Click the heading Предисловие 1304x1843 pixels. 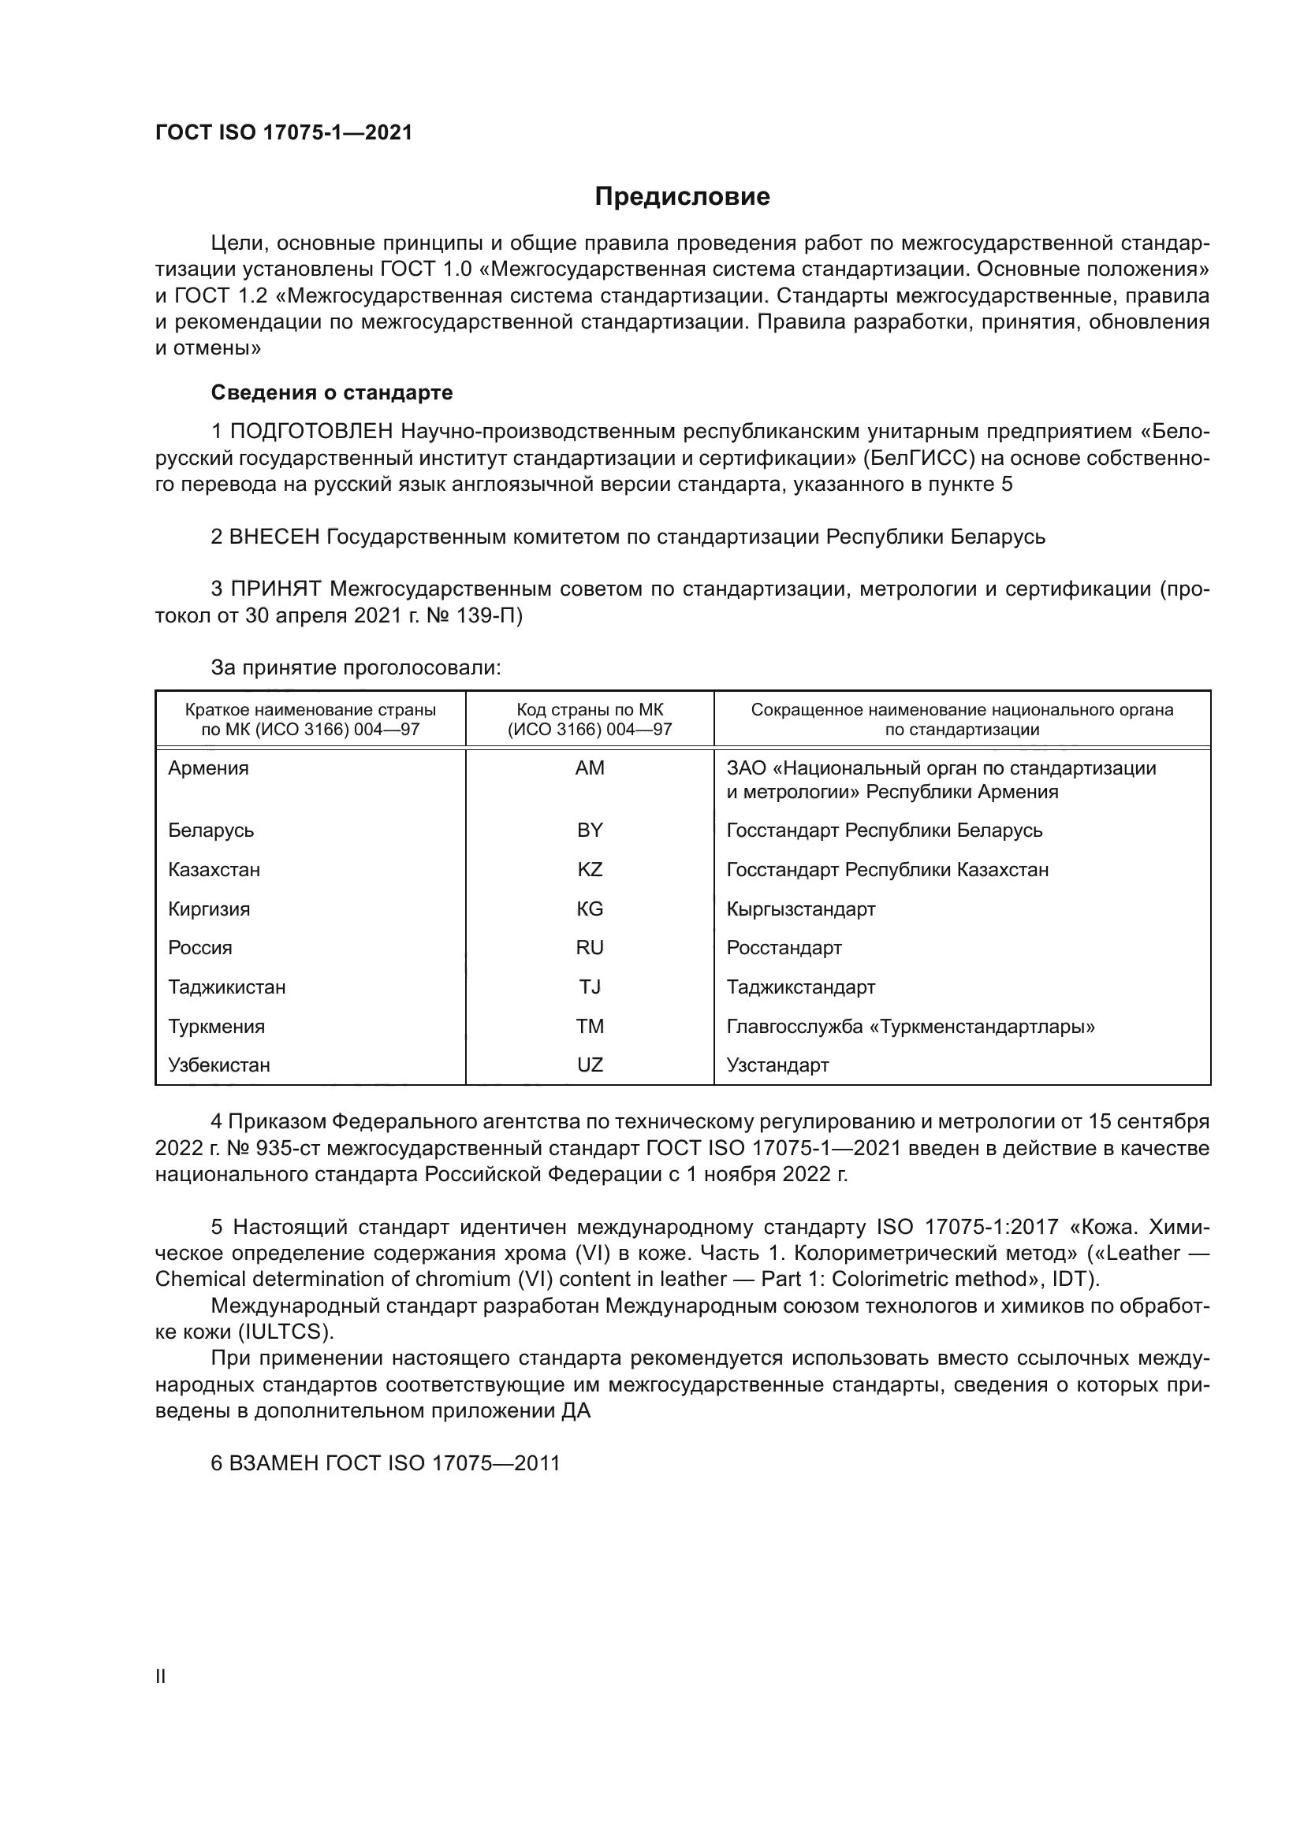click(682, 197)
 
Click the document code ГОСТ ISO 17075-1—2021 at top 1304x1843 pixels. click(284, 133)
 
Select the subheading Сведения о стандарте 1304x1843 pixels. click(332, 392)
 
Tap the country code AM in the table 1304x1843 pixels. click(590, 768)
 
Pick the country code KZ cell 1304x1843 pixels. click(590, 869)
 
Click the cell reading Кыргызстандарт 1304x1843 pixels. click(800, 908)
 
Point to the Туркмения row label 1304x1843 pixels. click(216, 1026)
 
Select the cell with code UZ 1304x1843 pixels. click(590, 1065)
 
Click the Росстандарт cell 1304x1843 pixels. click(784, 947)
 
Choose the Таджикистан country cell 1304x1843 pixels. click(226, 987)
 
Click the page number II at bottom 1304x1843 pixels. click(160, 1676)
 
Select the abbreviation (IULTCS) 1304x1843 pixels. click(285, 1332)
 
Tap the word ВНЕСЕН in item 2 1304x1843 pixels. click(274, 537)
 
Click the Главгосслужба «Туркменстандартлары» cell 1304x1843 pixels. click(911, 1026)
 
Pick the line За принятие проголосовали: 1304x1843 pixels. click(356, 668)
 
